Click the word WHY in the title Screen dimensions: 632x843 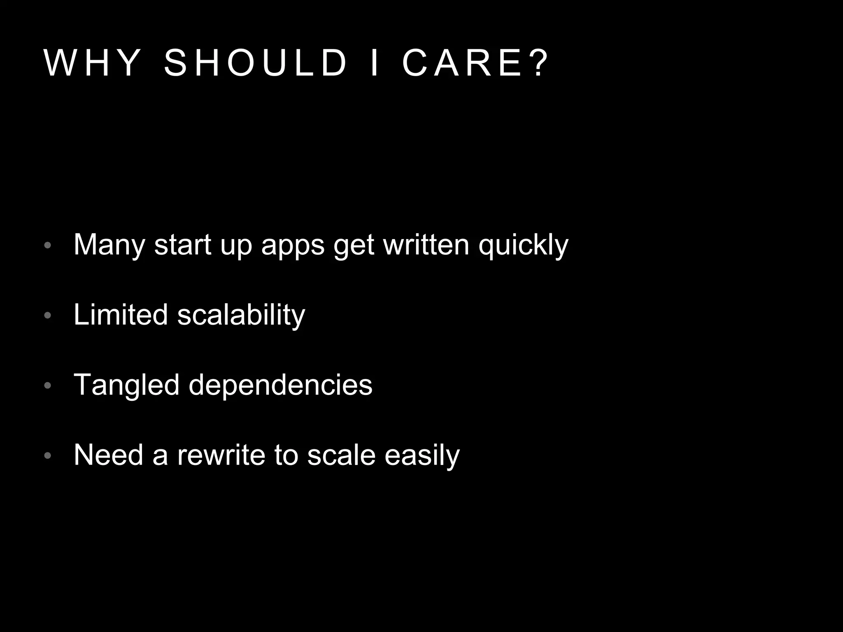(x=92, y=63)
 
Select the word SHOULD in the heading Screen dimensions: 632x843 (x=256, y=63)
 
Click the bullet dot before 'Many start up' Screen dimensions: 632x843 (x=48, y=246)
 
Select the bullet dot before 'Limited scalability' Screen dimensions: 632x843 (x=48, y=316)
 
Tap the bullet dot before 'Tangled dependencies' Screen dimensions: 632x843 (x=48, y=386)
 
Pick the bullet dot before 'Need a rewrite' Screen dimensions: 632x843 (x=48, y=455)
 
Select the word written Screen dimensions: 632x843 (x=426, y=245)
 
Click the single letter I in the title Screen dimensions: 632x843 (x=375, y=63)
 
